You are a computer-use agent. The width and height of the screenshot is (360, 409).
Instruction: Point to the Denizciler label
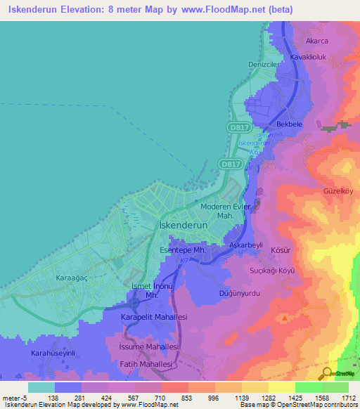264,64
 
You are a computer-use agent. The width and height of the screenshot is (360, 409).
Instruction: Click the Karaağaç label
71,278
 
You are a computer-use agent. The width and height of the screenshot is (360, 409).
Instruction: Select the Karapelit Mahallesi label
153,318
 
